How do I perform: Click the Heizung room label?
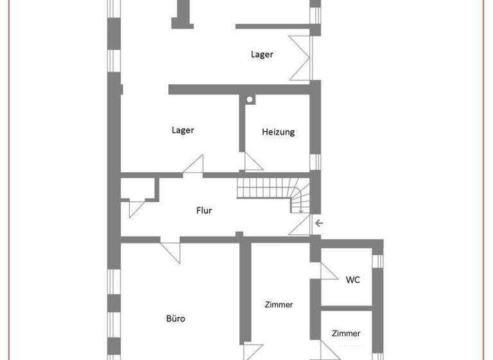click(x=278, y=132)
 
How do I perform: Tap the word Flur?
click(x=204, y=210)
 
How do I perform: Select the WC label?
click(x=352, y=280)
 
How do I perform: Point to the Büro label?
click(x=175, y=318)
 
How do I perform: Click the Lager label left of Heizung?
click(x=182, y=130)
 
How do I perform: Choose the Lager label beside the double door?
click(x=261, y=55)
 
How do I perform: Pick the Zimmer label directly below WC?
click(x=346, y=333)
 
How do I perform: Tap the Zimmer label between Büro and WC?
click(x=279, y=305)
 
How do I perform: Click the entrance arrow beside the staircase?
click(x=319, y=223)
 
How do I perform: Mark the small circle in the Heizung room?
click(x=250, y=100)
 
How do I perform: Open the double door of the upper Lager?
click(x=300, y=58)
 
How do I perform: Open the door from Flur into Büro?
click(x=171, y=250)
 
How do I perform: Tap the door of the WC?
click(x=329, y=270)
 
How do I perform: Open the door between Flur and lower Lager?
click(x=194, y=165)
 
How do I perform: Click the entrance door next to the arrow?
click(x=300, y=226)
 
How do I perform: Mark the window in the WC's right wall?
click(x=378, y=260)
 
